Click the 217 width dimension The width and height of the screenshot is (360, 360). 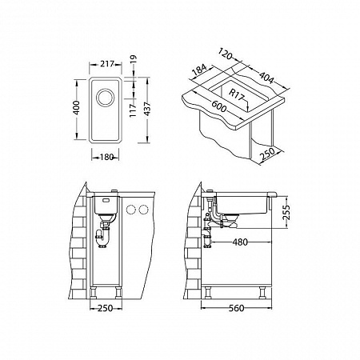pos(107,64)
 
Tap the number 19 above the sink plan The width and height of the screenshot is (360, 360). pos(134,59)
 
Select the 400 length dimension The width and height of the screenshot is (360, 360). pos(77,107)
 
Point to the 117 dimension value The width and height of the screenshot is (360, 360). pos(133,110)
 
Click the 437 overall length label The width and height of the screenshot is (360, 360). pos(147,109)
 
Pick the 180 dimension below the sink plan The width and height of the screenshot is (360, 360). pos(106,158)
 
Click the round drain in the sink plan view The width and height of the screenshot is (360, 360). pos(106,98)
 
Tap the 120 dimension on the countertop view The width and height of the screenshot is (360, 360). pos(226,54)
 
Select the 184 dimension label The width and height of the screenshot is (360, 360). pos(199,70)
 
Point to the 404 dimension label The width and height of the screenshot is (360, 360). pos(266,77)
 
